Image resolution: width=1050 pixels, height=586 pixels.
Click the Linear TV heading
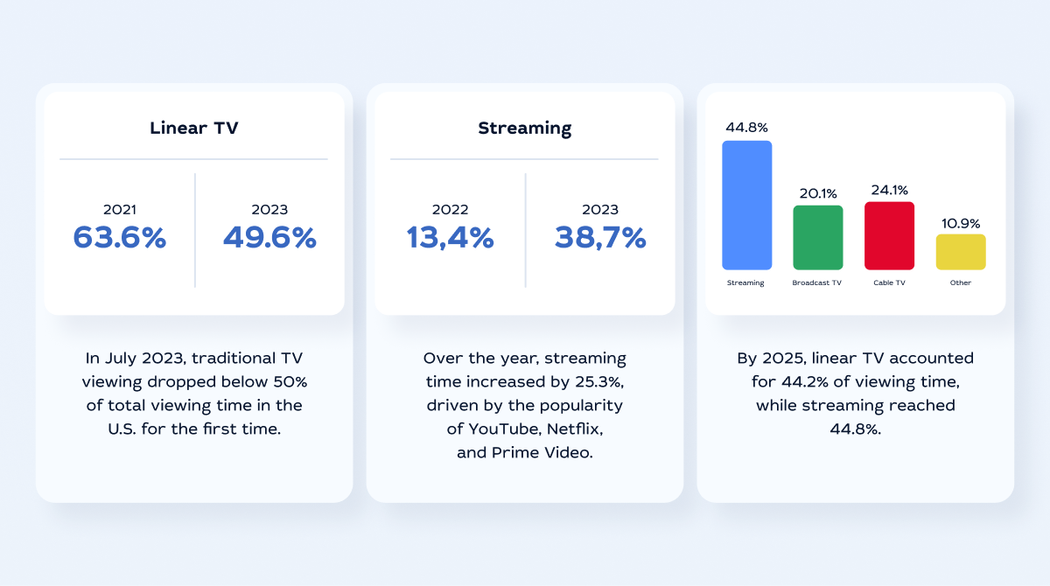(x=193, y=128)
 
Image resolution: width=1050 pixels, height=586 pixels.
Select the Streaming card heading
(x=524, y=128)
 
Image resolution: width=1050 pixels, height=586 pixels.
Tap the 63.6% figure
(x=119, y=237)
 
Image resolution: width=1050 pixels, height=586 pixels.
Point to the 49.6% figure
(x=269, y=237)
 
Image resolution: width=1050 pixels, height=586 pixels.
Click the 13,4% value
(x=450, y=237)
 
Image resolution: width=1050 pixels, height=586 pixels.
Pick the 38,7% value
(x=600, y=237)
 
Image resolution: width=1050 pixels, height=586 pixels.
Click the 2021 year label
(x=119, y=210)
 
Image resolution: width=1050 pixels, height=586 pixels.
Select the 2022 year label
(x=450, y=210)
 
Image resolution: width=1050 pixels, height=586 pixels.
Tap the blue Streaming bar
(x=746, y=206)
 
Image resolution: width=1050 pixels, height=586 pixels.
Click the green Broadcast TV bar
(x=817, y=238)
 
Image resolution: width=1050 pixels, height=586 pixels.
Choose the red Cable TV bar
(x=889, y=236)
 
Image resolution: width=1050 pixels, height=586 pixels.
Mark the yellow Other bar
(x=960, y=252)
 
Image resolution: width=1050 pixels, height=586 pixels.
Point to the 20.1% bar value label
(x=817, y=193)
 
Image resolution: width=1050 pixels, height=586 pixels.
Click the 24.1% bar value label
(x=889, y=190)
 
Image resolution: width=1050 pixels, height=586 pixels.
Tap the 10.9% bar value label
(x=960, y=223)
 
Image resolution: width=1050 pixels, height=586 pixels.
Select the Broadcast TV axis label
(x=817, y=283)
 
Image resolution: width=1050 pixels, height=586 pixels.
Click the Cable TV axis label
(x=889, y=283)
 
